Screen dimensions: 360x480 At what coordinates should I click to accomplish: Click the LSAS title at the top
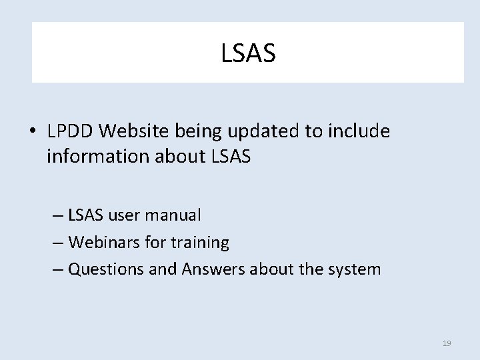(x=248, y=53)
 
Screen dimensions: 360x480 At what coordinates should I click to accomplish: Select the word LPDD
(x=70, y=131)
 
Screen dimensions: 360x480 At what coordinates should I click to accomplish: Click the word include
(x=358, y=131)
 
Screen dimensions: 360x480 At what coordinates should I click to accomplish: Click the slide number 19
(x=447, y=343)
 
